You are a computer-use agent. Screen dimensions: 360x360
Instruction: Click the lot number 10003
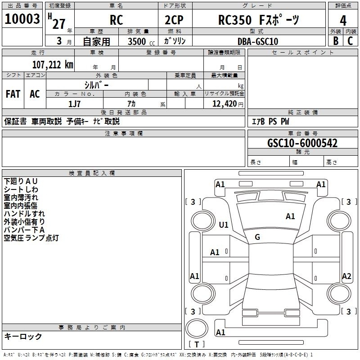[22, 19]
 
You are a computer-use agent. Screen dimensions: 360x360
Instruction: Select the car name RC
[117, 20]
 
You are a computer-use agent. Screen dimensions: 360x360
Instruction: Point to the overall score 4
[343, 20]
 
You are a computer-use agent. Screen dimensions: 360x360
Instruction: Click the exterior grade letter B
[336, 40]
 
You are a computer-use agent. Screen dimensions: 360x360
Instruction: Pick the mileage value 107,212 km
[53, 64]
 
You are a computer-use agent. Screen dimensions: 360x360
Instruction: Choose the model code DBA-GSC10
[258, 41]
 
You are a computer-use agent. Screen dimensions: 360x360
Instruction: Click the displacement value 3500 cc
[139, 41]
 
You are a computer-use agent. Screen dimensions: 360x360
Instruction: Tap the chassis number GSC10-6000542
[302, 143]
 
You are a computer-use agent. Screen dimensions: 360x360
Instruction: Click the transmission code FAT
[13, 94]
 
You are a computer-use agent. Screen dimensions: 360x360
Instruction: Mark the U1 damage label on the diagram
[224, 225]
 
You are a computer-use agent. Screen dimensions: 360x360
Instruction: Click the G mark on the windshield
[257, 237]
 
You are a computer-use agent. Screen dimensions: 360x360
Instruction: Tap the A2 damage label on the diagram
[346, 276]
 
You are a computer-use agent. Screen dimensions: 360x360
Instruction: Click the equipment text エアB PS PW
[270, 121]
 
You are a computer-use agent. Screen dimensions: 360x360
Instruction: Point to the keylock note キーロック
[23, 336]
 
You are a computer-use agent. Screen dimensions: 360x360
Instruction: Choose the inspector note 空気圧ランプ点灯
[31, 238]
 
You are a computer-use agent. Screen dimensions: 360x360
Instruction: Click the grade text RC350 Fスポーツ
[258, 20]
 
